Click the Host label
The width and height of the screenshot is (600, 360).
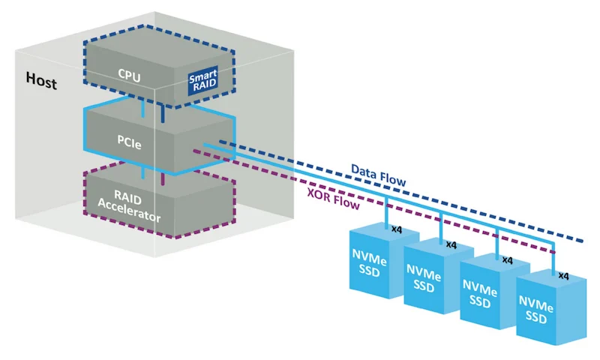[41, 79]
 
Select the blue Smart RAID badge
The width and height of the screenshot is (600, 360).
[202, 82]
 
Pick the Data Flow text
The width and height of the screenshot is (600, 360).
[379, 175]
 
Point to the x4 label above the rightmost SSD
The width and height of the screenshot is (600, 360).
[563, 276]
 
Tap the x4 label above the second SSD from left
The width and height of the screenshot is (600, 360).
[451, 244]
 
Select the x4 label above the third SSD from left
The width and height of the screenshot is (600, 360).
[506, 260]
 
